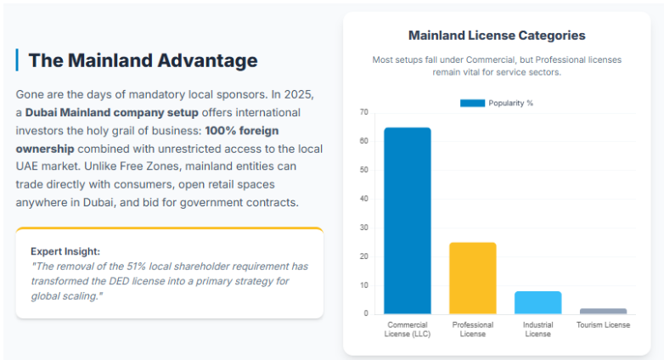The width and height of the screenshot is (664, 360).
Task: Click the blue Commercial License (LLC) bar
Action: pos(407,221)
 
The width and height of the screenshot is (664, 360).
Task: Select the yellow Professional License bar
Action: pos(472,278)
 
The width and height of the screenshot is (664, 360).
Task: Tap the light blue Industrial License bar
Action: pos(537,302)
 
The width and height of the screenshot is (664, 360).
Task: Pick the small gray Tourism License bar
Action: pos(603,311)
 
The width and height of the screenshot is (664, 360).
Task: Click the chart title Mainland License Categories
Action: pos(497,36)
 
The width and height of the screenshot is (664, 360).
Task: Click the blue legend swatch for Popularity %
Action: pos(472,103)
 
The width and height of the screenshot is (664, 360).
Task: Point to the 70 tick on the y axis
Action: pos(363,112)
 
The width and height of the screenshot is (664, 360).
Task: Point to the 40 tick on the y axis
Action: pos(363,199)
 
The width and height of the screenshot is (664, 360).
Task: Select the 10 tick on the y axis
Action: pos(363,285)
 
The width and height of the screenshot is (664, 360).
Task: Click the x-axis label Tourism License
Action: pos(603,325)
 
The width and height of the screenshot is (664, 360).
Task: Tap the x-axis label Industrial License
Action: pos(537,329)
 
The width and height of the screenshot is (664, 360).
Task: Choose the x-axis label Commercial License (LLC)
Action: pos(407,329)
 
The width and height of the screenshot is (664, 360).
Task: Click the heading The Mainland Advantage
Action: pos(143,60)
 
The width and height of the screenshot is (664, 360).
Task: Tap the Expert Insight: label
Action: pos(65,251)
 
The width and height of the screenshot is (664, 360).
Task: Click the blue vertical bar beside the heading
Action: pos(17,60)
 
